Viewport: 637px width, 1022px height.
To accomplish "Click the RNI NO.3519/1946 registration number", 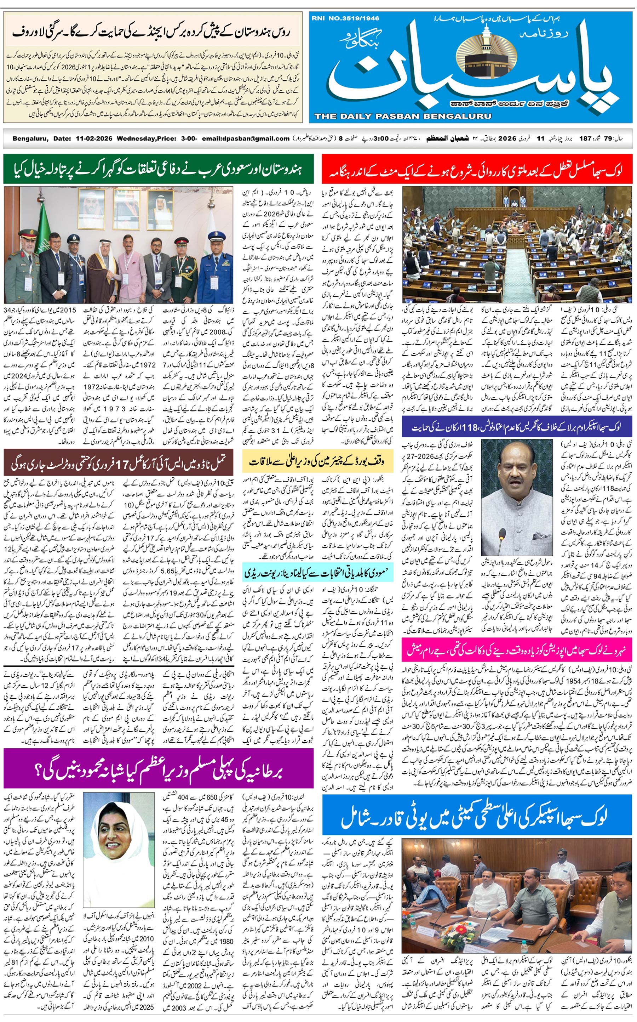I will tap(345, 18).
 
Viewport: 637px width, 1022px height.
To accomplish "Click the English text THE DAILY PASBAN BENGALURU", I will tap(402, 116).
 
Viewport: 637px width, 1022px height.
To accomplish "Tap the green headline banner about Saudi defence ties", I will tap(159, 169).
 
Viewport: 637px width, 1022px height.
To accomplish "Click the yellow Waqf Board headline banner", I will tap(318, 461).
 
